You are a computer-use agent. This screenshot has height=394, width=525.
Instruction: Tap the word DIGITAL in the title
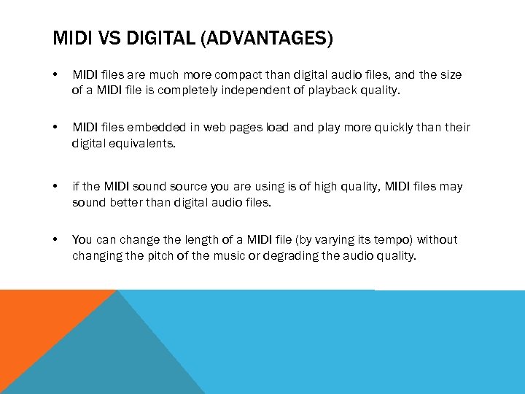[163, 38]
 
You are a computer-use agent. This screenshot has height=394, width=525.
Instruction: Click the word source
[200, 187]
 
